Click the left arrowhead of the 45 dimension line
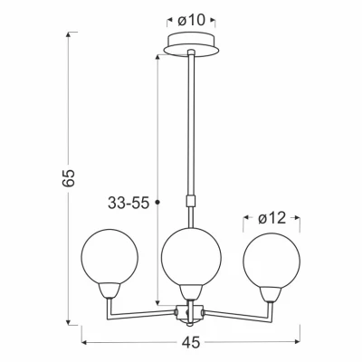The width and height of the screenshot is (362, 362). [x=84, y=342]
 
